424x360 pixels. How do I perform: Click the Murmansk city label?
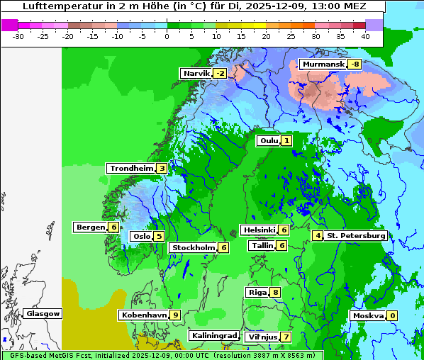tap(323, 64)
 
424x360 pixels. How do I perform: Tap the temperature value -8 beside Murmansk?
tap(355, 64)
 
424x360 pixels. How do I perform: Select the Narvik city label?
tap(196, 74)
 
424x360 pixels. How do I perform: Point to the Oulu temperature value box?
tap(286, 141)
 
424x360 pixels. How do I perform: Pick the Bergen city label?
tap(90, 227)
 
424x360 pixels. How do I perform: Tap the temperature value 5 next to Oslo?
tap(160, 237)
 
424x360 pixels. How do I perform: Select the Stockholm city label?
tap(192, 248)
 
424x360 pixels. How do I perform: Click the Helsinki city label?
tap(259, 230)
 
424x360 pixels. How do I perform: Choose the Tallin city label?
tap(262, 246)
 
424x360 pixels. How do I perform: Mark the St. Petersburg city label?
tap(356, 236)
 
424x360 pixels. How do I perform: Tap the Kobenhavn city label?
tap(145, 315)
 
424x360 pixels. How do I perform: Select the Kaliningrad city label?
tap(213, 336)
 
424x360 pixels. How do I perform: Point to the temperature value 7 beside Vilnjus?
tap(286, 337)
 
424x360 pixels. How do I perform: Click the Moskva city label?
tap(368, 316)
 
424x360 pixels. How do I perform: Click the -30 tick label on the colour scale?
tap(19, 35)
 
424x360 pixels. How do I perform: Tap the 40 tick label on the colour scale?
tap(365, 35)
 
